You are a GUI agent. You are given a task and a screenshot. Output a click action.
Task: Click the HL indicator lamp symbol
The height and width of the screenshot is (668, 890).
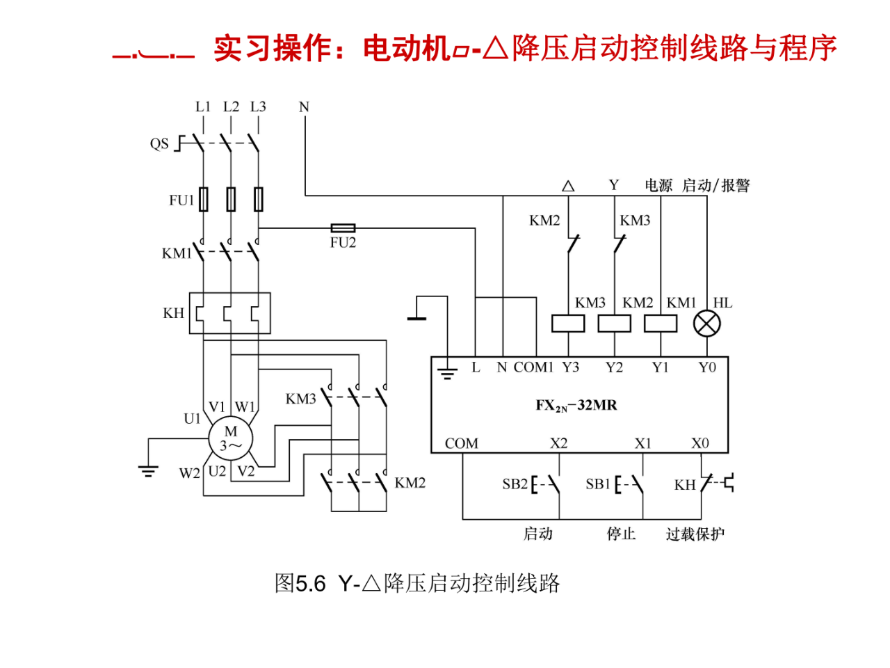click(707, 324)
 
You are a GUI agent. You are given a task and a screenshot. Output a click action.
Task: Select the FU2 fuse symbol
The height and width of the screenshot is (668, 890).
click(343, 228)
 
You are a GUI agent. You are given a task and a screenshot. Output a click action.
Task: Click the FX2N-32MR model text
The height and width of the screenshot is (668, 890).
click(576, 406)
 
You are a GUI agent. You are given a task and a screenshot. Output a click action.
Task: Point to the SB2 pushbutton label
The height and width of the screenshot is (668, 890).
click(515, 484)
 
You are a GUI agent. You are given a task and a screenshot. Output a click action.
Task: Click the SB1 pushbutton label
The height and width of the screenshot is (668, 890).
click(597, 484)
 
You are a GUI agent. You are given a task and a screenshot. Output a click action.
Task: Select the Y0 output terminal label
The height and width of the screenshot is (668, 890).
click(707, 367)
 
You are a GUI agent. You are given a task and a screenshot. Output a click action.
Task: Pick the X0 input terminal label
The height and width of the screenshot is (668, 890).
click(700, 443)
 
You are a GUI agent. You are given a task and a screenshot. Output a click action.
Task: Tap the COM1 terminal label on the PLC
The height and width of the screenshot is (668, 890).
click(533, 367)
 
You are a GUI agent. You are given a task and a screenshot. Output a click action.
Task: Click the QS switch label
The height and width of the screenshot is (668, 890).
click(159, 144)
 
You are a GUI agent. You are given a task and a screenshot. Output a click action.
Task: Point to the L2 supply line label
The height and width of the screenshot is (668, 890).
click(231, 107)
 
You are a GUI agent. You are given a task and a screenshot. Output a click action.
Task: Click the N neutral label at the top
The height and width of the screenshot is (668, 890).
click(304, 107)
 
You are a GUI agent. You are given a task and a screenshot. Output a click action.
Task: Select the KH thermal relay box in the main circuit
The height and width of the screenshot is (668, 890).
click(229, 313)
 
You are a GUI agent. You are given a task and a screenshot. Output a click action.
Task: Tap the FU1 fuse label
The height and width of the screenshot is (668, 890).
click(181, 200)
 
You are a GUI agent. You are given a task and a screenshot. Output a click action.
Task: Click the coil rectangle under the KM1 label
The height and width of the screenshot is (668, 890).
click(661, 324)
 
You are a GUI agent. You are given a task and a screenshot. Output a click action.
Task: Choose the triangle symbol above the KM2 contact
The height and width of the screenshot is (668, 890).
click(568, 186)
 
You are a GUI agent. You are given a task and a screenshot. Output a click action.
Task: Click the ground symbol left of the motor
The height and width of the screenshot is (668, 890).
click(147, 470)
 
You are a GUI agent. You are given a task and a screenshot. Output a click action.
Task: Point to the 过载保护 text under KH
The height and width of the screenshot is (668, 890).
click(695, 534)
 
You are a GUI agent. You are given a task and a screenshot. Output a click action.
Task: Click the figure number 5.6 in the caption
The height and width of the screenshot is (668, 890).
click(310, 583)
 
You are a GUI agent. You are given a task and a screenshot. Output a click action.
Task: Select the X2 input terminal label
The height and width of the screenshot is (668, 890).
click(558, 443)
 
